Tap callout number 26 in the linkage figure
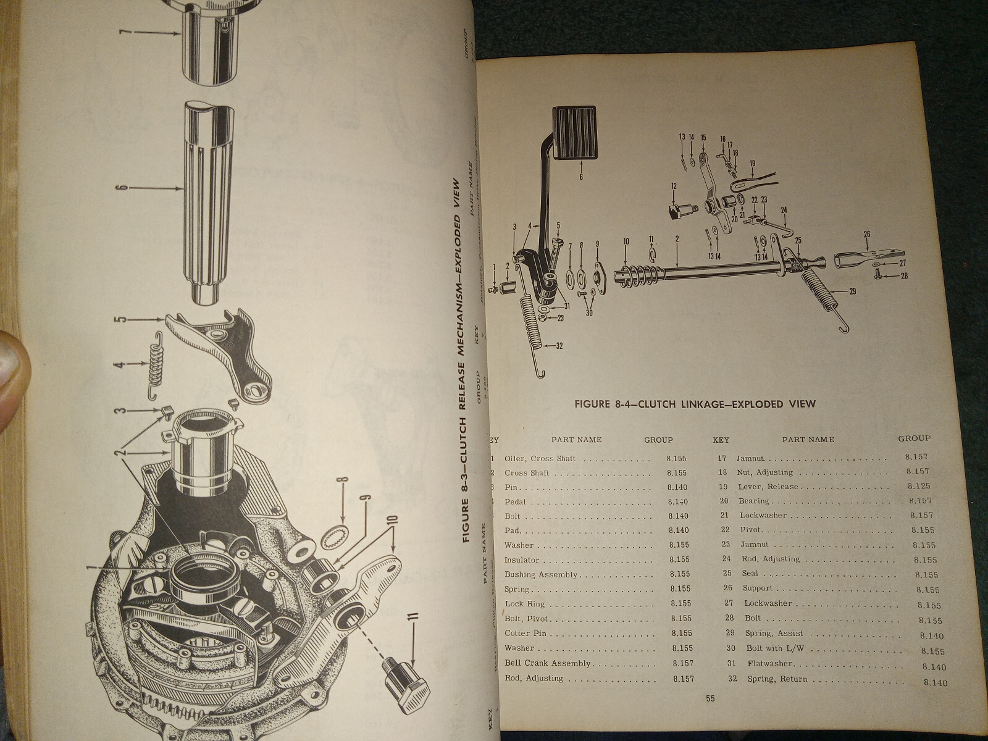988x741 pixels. tap(867, 234)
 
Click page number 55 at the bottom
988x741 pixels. tap(710, 698)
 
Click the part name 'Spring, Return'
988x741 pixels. tap(777, 679)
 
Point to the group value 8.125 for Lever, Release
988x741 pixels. tap(919, 486)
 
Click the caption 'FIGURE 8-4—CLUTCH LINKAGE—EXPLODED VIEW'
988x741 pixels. tap(695, 404)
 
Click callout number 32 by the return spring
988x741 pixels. tap(558, 346)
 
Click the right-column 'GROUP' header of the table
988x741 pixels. tap(914, 438)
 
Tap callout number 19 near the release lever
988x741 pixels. tap(751, 164)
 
